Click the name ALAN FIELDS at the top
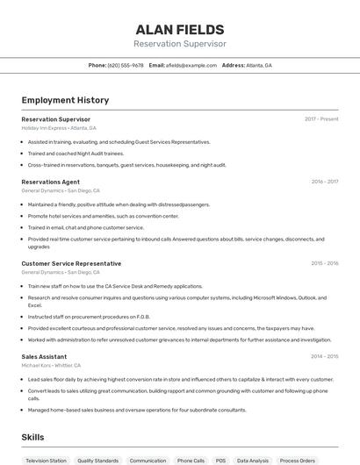(179, 30)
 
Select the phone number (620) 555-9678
(126, 65)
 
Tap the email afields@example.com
(191, 65)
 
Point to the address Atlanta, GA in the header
(259, 65)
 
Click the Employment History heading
(65, 100)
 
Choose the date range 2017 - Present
(321, 119)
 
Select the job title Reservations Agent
(50, 182)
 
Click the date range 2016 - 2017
(324, 182)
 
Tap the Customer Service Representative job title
(71, 263)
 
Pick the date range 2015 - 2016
(324, 263)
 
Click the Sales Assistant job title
(44, 356)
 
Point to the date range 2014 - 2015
(324, 356)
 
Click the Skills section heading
(32, 437)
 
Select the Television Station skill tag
(46, 460)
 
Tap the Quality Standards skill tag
(97, 460)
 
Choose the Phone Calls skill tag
(191, 460)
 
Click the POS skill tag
(220, 460)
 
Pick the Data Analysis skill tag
(253, 460)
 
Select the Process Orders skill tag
(297, 460)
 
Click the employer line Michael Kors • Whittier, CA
(51, 365)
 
